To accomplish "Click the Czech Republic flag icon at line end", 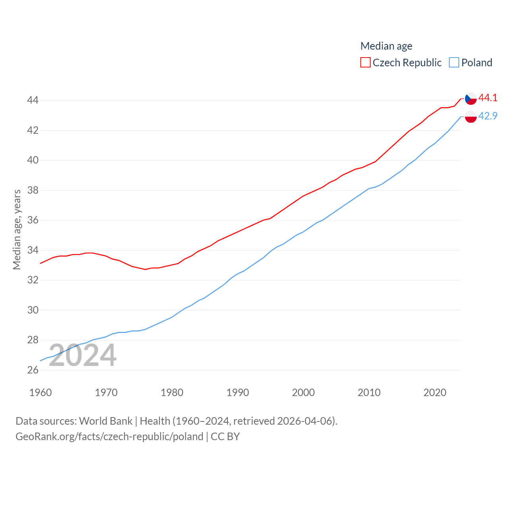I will (x=471, y=98).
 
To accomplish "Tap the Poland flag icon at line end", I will (x=471, y=117).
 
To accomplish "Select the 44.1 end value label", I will (x=488, y=98).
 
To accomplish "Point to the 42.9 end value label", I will (x=488, y=116).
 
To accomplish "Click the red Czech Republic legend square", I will (x=365, y=63).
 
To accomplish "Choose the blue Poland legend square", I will (x=454, y=63).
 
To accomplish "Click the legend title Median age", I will (x=386, y=46).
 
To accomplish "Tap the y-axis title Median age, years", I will (x=17, y=229).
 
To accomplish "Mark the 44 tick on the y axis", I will (x=33, y=100).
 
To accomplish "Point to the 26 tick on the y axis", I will (x=33, y=370).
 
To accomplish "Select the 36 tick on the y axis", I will (x=33, y=220).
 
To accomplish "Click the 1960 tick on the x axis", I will (x=40, y=393).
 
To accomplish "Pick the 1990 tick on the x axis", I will (x=238, y=393).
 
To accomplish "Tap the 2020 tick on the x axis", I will (x=435, y=393).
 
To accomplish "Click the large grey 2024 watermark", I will (x=83, y=356).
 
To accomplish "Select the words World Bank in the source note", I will (x=106, y=421).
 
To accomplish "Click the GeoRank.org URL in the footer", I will (x=109, y=437).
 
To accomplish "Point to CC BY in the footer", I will (x=225, y=437).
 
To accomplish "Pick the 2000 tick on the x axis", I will (x=303, y=393).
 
